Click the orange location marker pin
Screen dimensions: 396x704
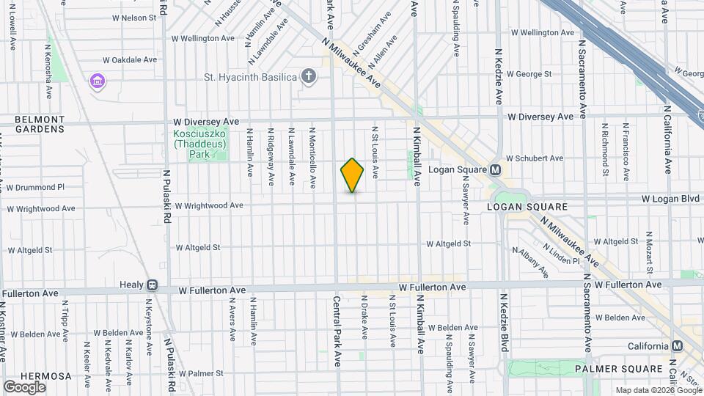(x=352, y=175)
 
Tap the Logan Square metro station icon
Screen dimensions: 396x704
(x=495, y=169)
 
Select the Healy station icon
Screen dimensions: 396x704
(x=152, y=285)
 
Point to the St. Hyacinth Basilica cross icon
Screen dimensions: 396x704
(x=309, y=76)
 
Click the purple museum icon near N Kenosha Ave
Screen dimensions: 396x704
(x=97, y=81)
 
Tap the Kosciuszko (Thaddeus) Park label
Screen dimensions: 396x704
(x=200, y=144)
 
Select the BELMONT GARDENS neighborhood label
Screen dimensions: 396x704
(x=40, y=124)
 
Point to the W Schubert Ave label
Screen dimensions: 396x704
(x=535, y=158)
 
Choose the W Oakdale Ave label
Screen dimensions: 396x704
(x=130, y=59)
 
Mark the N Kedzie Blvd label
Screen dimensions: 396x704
(x=504, y=323)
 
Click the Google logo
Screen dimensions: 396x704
(x=24, y=386)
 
